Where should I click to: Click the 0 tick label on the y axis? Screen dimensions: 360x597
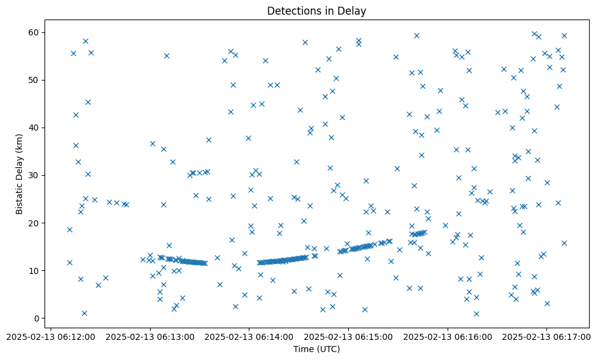coord(37,318)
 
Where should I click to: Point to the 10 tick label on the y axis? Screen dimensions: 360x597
coord(34,270)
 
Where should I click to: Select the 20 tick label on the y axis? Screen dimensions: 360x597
coord(34,223)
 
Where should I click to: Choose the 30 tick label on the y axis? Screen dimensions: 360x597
coord(34,175)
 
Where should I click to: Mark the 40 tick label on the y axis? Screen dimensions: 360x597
coord(34,128)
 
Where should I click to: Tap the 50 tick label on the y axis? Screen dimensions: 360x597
coord(34,80)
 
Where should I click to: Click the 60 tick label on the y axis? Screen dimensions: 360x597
coord(34,32)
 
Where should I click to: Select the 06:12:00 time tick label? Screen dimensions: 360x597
coord(51,336)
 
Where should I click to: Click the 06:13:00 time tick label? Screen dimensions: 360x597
coord(150,336)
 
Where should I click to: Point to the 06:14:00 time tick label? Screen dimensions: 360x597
coord(249,336)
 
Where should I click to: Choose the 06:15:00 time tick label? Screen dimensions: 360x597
coord(349,336)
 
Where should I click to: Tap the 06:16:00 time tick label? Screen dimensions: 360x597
coord(448,336)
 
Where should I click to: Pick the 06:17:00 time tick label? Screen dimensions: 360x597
coord(547,336)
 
